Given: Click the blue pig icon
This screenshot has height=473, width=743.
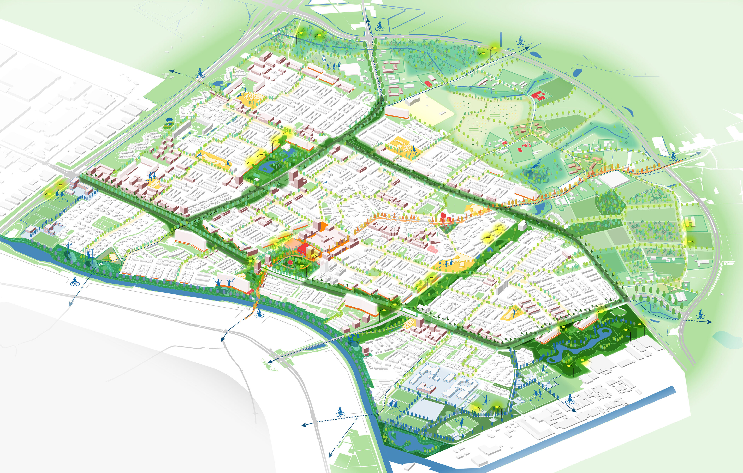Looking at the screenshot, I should (169, 120).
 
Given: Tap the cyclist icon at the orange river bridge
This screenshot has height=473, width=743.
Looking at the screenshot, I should (259, 314).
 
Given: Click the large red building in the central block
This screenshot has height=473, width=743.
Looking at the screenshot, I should (304, 248).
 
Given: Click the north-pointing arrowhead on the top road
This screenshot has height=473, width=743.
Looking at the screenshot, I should (367, 20).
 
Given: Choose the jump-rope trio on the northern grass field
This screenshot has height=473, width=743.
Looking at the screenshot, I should (333, 65).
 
